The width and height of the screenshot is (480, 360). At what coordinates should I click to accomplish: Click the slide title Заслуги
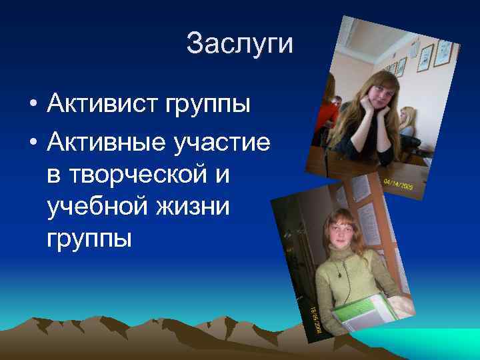click(x=239, y=44)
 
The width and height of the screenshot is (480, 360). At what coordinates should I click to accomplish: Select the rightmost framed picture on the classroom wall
click(x=443, y=53)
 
